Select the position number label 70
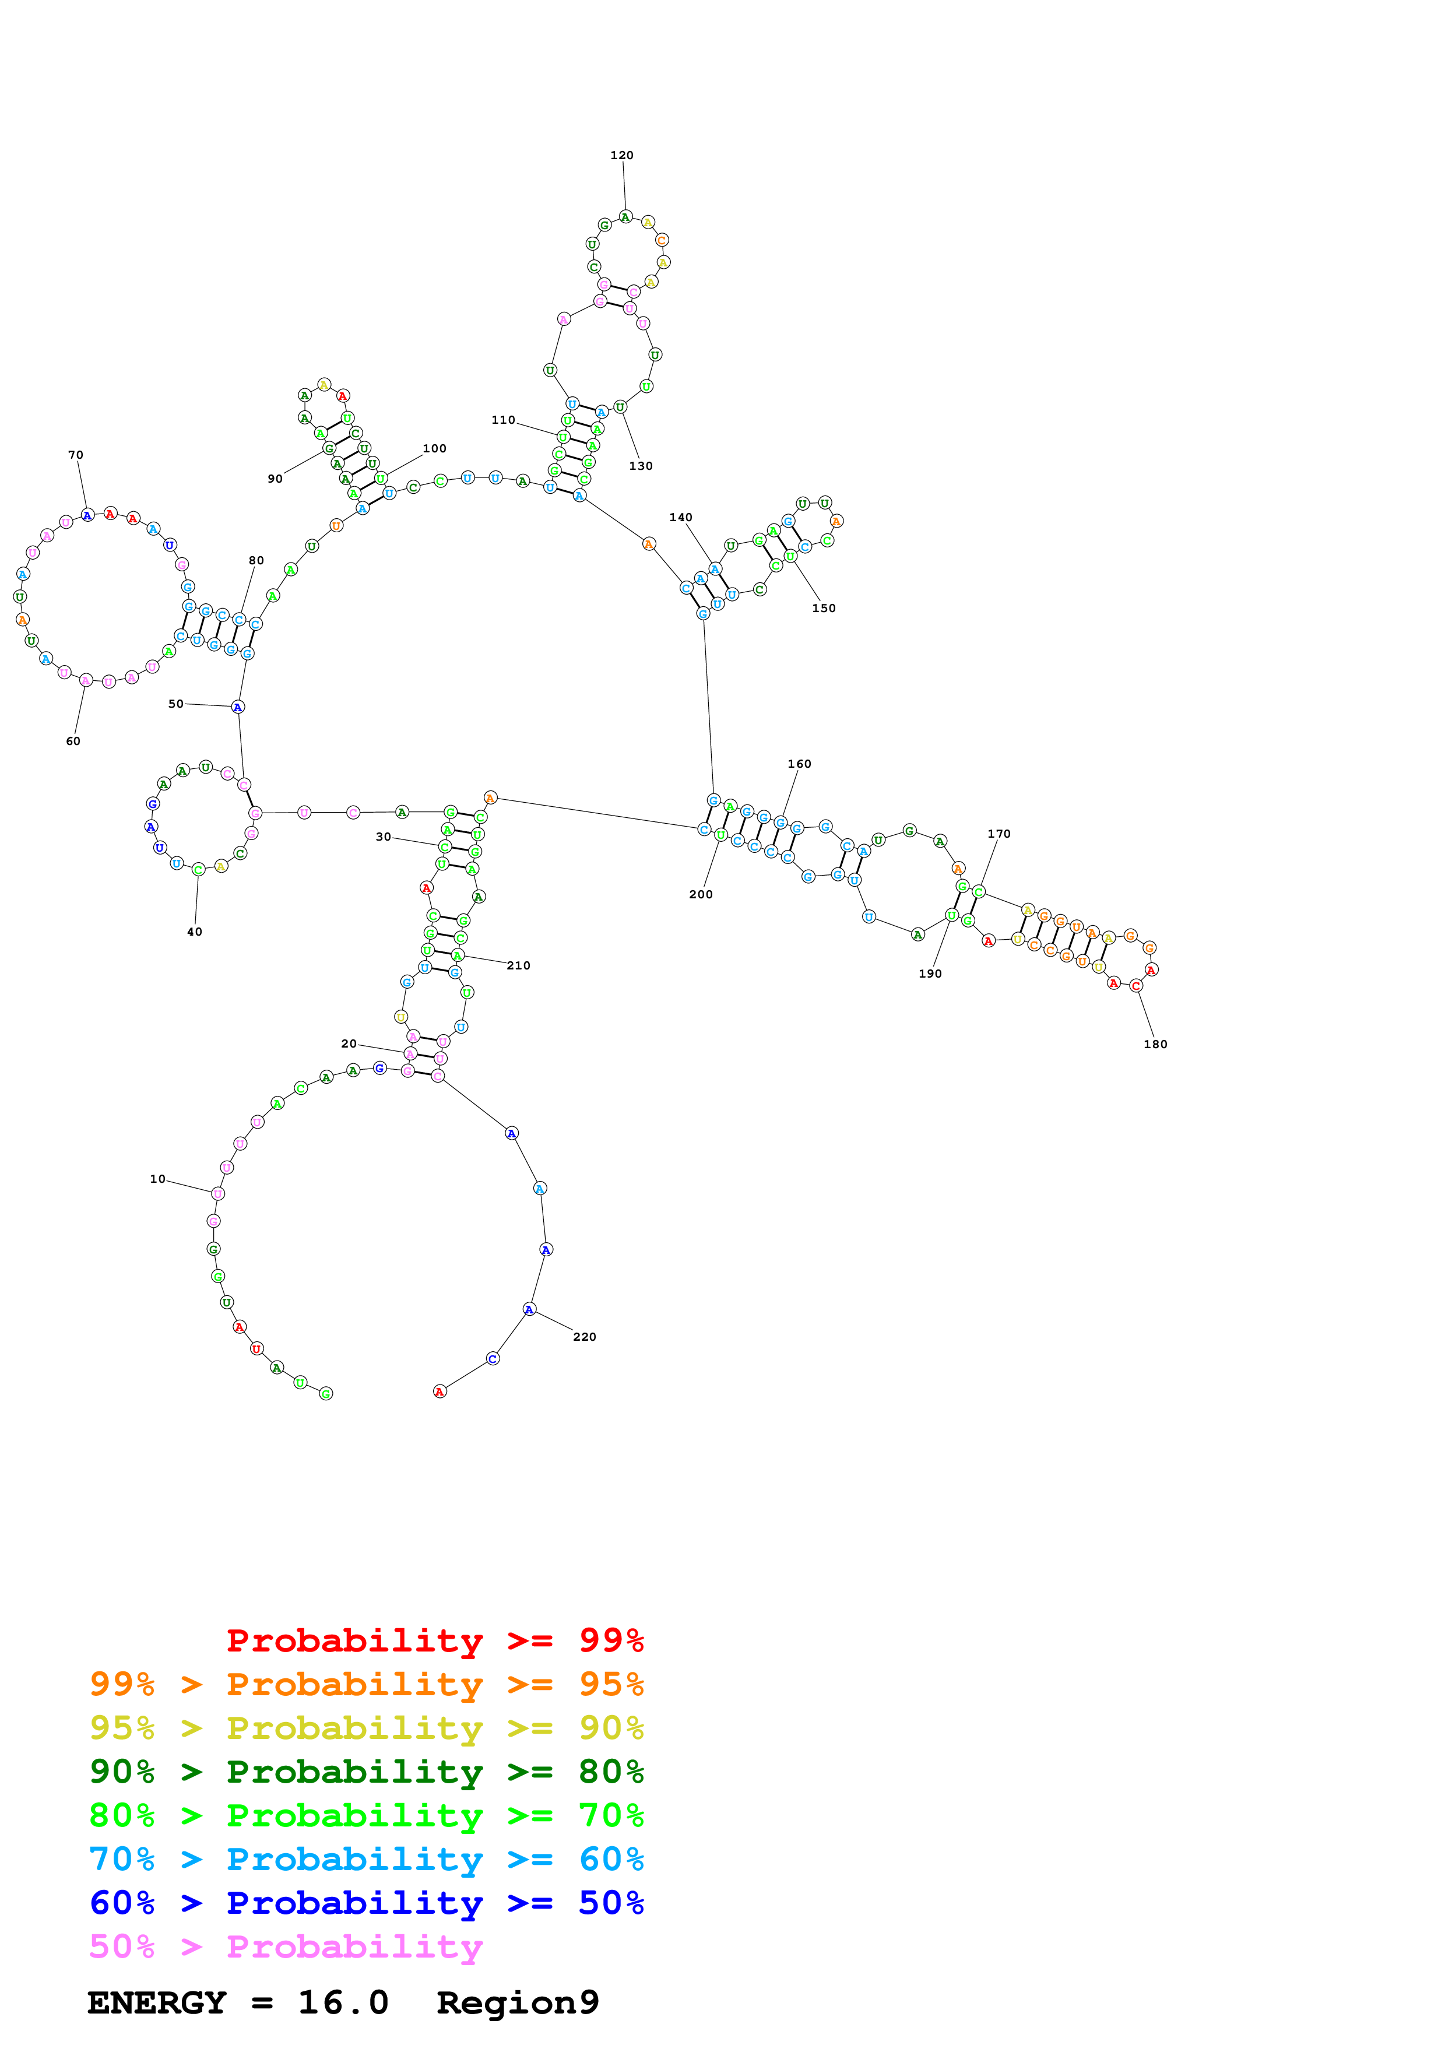click(76, 455)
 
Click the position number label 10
click(157, 1179)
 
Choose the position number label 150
click(824, 609)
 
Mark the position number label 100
click(434, 449)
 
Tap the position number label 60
click(73, 741)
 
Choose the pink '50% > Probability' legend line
click(286, 1947)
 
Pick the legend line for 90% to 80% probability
click(366, 1772)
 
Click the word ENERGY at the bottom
click(157, 2003)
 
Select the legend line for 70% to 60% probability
click(366, 1860)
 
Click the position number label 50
click(176, 704)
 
